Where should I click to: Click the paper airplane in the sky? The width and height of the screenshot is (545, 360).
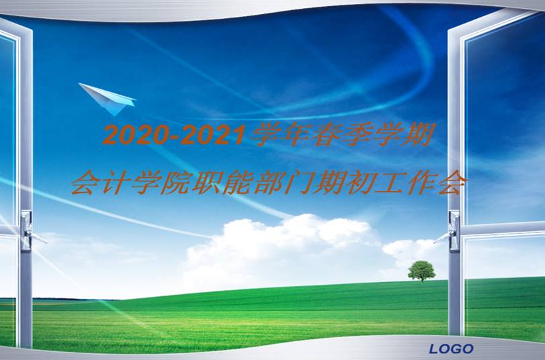tap(107, 98)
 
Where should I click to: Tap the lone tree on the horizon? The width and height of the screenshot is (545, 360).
tap(422, 270)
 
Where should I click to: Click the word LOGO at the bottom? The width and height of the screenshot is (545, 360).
tap(451, 349)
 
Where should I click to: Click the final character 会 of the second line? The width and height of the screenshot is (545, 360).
tap(448, 182)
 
